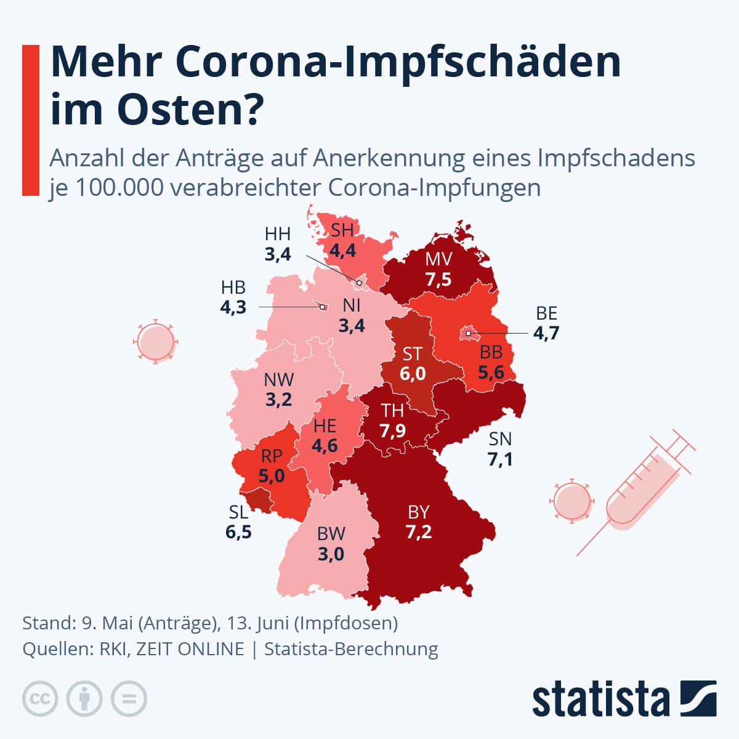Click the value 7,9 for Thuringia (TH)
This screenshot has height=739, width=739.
tap(392, 430)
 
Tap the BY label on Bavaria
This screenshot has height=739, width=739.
tap(418, 512)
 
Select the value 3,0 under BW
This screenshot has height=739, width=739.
tap(331, 554)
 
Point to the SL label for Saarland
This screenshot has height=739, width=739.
tap(238, 512)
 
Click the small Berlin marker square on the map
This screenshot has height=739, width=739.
tap(469, 333)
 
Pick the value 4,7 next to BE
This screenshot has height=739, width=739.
tap(546, 334)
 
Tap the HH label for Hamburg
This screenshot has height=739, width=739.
tap(277, 234)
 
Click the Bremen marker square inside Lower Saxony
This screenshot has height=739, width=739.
tap(322, 306)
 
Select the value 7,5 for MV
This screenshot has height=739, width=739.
tap(438, 280)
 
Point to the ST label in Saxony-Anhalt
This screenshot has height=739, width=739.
tap(412, 353)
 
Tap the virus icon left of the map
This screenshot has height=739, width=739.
tap(155, 341)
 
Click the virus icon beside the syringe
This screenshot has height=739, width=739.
tap(572, 501)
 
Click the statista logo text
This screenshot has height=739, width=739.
tap(600, 700)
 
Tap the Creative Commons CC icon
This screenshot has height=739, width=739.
tap(40, 699)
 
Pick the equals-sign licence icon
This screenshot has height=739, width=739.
tap(129, 699)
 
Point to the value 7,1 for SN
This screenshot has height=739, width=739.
tap(499, 459)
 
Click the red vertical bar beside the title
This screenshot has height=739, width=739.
tap(30, 120)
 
